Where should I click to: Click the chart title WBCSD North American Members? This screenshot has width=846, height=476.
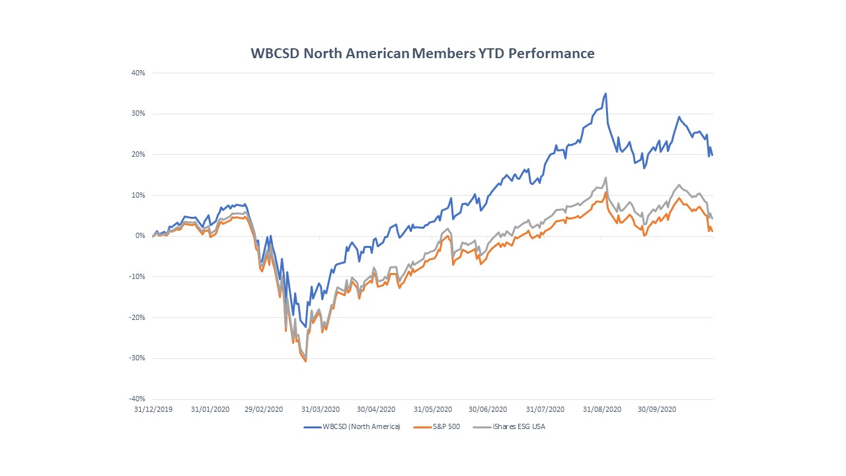tap(422, 54)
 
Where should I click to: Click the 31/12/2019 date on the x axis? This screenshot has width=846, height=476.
tap(153, 410)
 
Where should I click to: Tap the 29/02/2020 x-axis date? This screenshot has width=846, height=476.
tap(264, 410)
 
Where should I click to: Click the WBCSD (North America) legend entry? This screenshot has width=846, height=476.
tap(353, 427)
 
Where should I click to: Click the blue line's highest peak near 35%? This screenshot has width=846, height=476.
tap(606, 94)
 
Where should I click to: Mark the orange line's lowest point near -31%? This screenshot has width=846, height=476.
tap(305, 361)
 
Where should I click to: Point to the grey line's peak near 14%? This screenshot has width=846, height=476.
tap(605, 177)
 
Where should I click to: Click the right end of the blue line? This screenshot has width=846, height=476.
tap(712, 155)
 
